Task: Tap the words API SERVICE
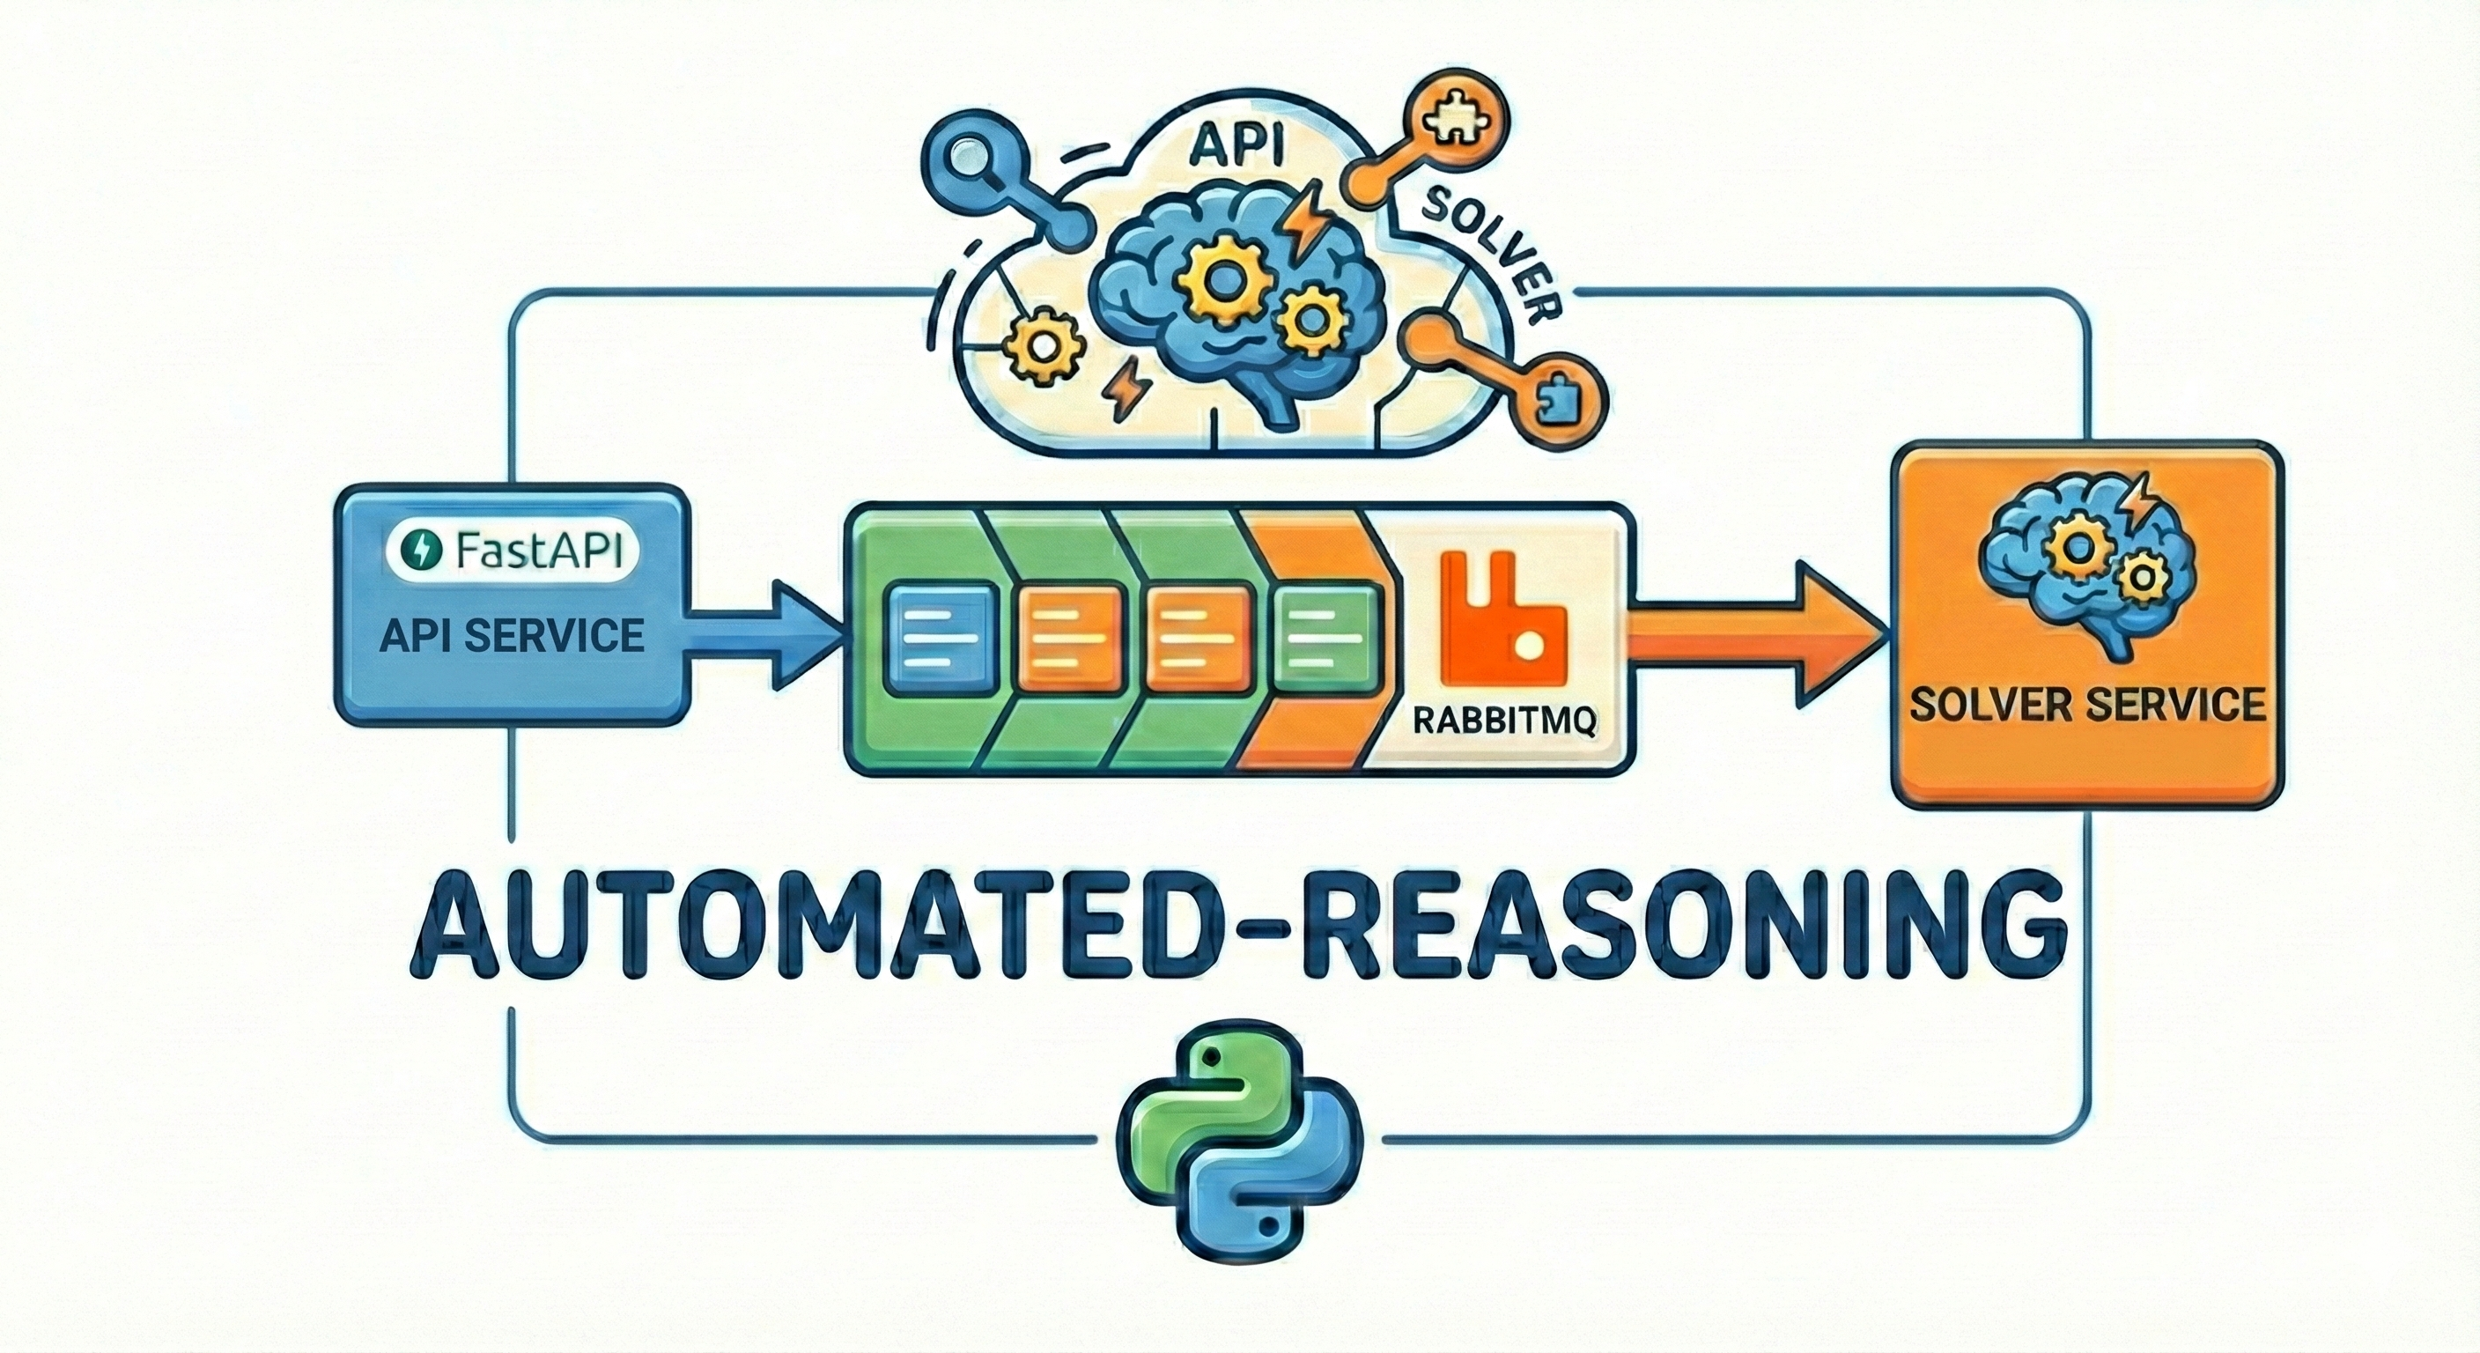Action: [x=511, y=636]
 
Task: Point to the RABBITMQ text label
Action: [x=1500, y=721]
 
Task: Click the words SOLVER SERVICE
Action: [x=2086, y=705]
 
